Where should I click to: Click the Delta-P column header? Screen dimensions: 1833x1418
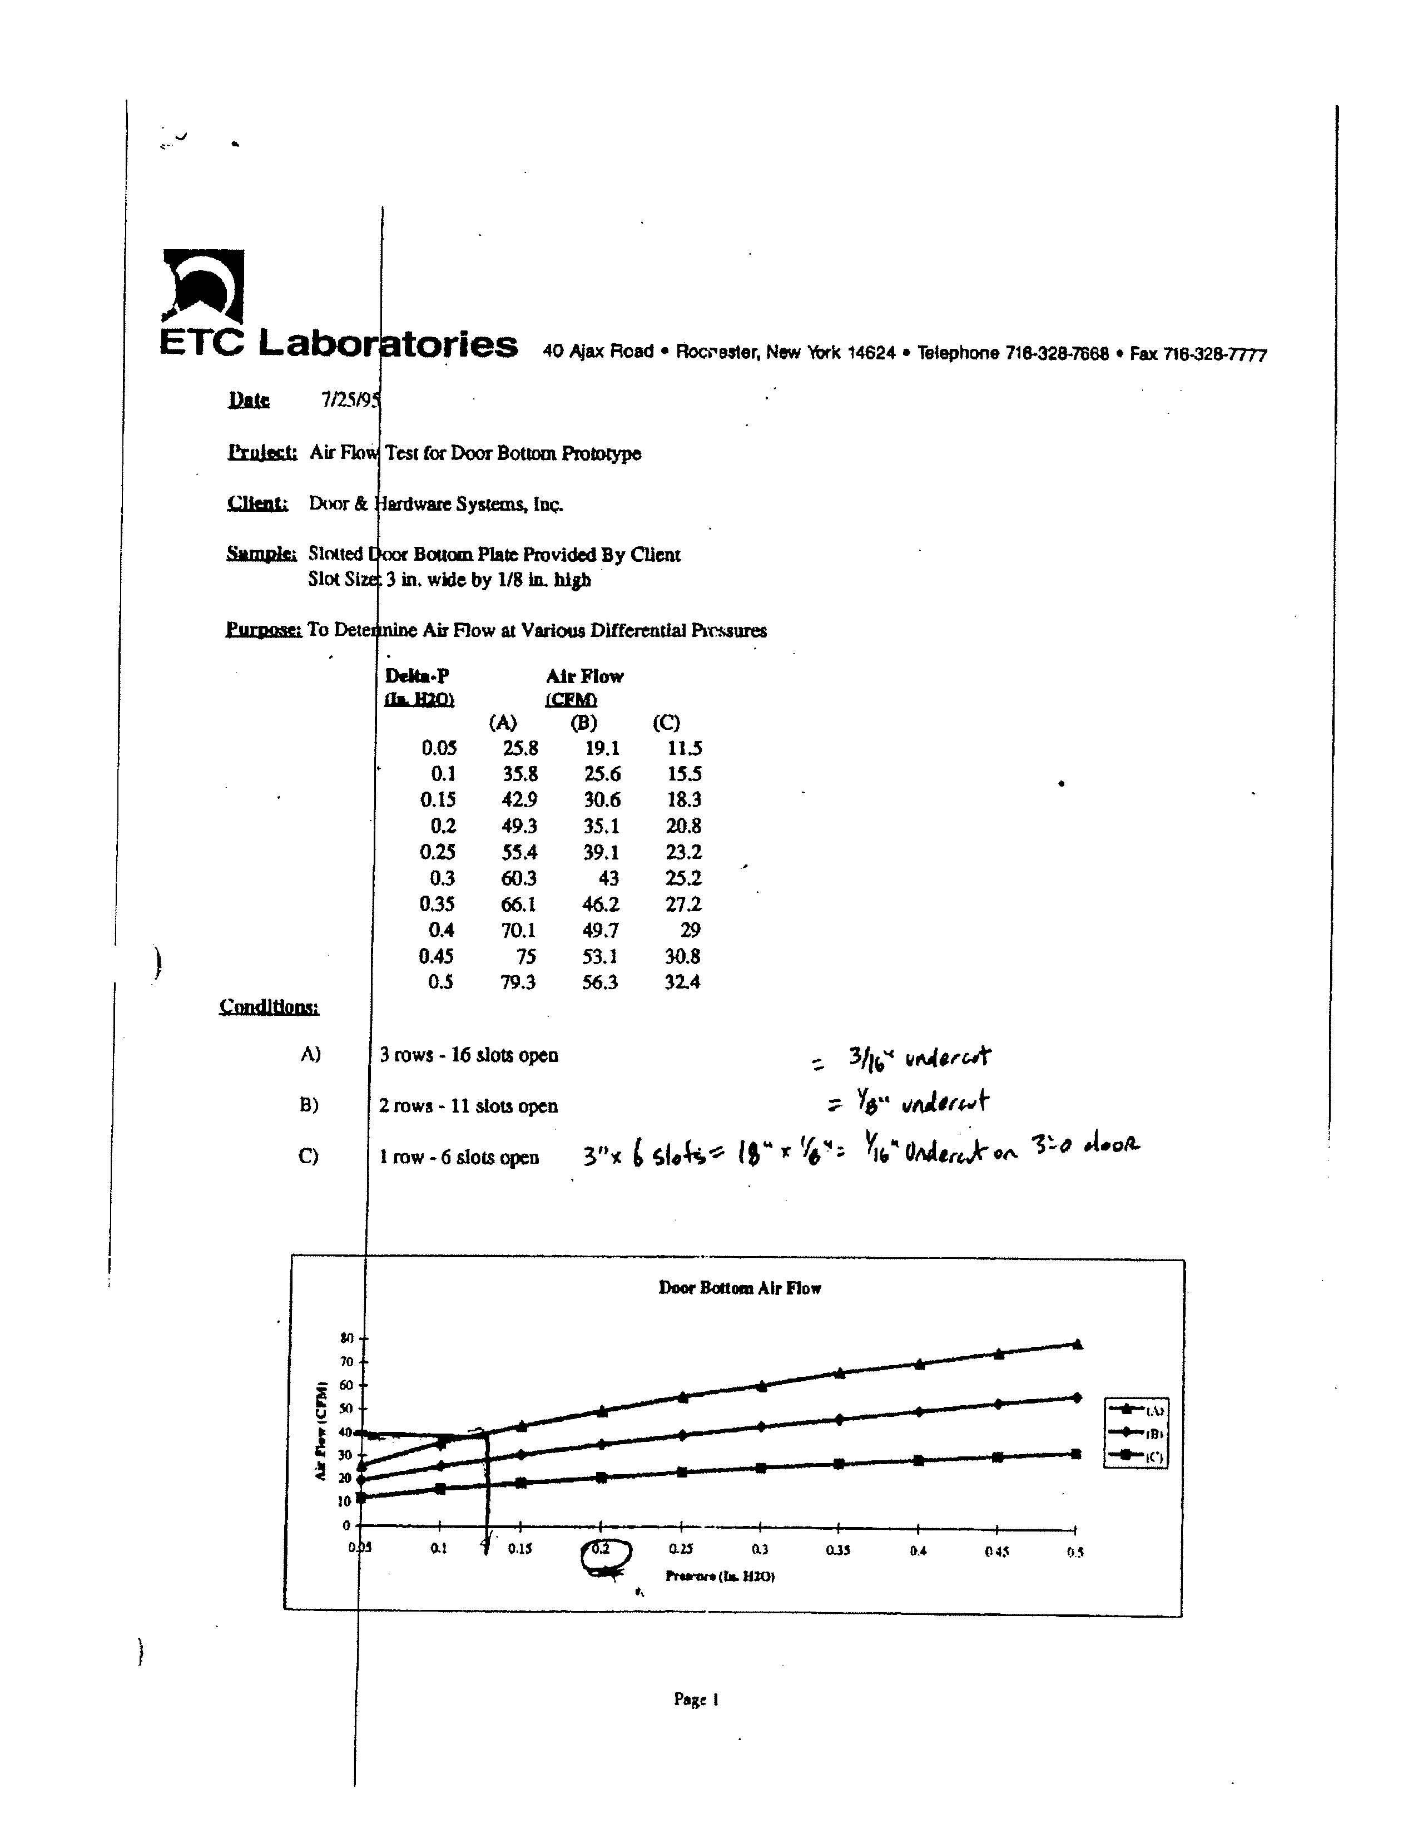tap(417, 676)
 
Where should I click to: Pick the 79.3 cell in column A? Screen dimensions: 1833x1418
tap(518, 982)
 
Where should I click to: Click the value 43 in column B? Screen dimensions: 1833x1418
tap(608, 878)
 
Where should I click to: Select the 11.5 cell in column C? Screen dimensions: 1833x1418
tap(684, 748)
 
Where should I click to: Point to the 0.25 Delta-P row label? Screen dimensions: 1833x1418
tap(437, 852)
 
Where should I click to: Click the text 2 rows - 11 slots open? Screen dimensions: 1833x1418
tap(468, 1106)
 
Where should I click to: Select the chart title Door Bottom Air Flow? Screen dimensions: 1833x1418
tap(739, 1288)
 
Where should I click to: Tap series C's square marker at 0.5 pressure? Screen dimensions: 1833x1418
tap(1077, 1454)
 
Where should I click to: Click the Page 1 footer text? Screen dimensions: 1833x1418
tap(696, 1699)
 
